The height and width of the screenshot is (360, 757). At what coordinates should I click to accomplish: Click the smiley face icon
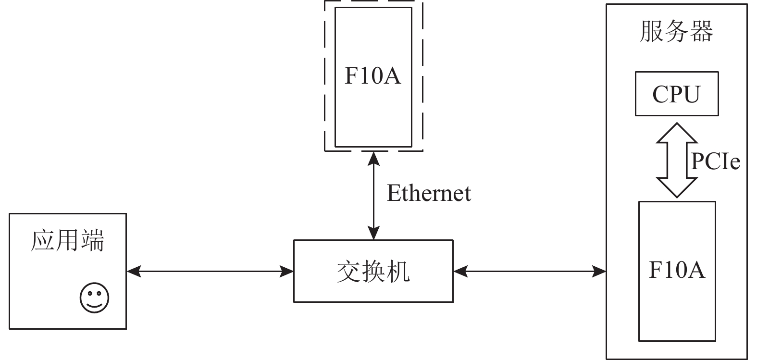pyautogui.click(x=94, y=298)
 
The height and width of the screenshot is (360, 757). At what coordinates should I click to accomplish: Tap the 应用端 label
pyautogui.click(x=68, y=241)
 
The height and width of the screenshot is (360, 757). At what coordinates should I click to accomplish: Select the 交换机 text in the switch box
pyautogui.click(x=373, y=272)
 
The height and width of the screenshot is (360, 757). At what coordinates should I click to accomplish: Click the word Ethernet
pyautogui.click(x=429, y=193)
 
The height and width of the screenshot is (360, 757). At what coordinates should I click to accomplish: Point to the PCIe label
pyautogui.click(x=716, y=161)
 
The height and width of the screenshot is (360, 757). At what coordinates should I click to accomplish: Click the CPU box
pyautogui.click(x=677, y=94)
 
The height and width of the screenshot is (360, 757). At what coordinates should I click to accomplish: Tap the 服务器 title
pyautogui.click(x=677, y=32)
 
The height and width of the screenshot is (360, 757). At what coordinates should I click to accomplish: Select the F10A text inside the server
pyautogui.click(x=677, y=270)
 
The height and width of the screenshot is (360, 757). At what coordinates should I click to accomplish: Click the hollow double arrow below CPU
pyautogui.click(x=677, y=160)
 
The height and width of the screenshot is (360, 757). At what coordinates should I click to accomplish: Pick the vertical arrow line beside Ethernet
pyautogui.click(x=373, y=195)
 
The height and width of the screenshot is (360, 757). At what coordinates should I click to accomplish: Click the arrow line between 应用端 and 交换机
pyautogui.click(x=210, y=272)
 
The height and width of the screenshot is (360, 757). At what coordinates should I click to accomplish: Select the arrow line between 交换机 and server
pyautogui.click(x=529, y=272)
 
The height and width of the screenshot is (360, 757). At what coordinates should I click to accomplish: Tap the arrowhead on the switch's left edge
pyautogui.click(x=287, y=272)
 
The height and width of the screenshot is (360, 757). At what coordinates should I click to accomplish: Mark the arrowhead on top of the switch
pyautogui.click(x=373, y=234)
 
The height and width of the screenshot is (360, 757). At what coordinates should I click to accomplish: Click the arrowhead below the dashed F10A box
pyautogui.click(x=373, y=158)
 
